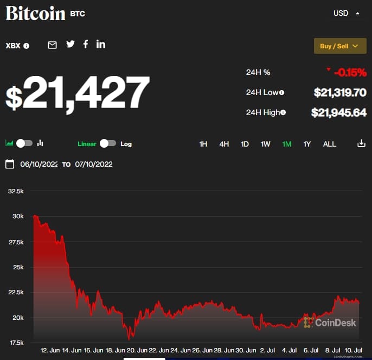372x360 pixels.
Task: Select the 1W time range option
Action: tap(265, 144)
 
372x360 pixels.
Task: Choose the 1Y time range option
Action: tap(307, 144)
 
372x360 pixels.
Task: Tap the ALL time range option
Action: tap(329, 144)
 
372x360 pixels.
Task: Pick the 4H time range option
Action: tap(224, 144)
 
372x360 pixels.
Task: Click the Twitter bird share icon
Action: tap(70, 45)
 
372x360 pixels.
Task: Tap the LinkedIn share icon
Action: tap(101, 45)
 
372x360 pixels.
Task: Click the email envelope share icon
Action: tap(52, 45)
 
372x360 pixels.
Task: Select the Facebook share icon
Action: tap(86, 45)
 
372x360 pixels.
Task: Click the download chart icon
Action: tap(361, 144)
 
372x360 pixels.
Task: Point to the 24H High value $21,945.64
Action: tap(339, 112)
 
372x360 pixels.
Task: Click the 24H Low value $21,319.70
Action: tap(340, 92)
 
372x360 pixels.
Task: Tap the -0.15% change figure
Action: tap(350, 72)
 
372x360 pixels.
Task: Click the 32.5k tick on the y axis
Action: tap(16, 191)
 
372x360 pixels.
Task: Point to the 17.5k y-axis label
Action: tap(16, 343)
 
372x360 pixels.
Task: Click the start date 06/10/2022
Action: tap(39, 164)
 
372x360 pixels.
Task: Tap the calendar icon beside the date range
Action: tap(10, 164)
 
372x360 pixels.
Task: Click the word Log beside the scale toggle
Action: tap(126, 144)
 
